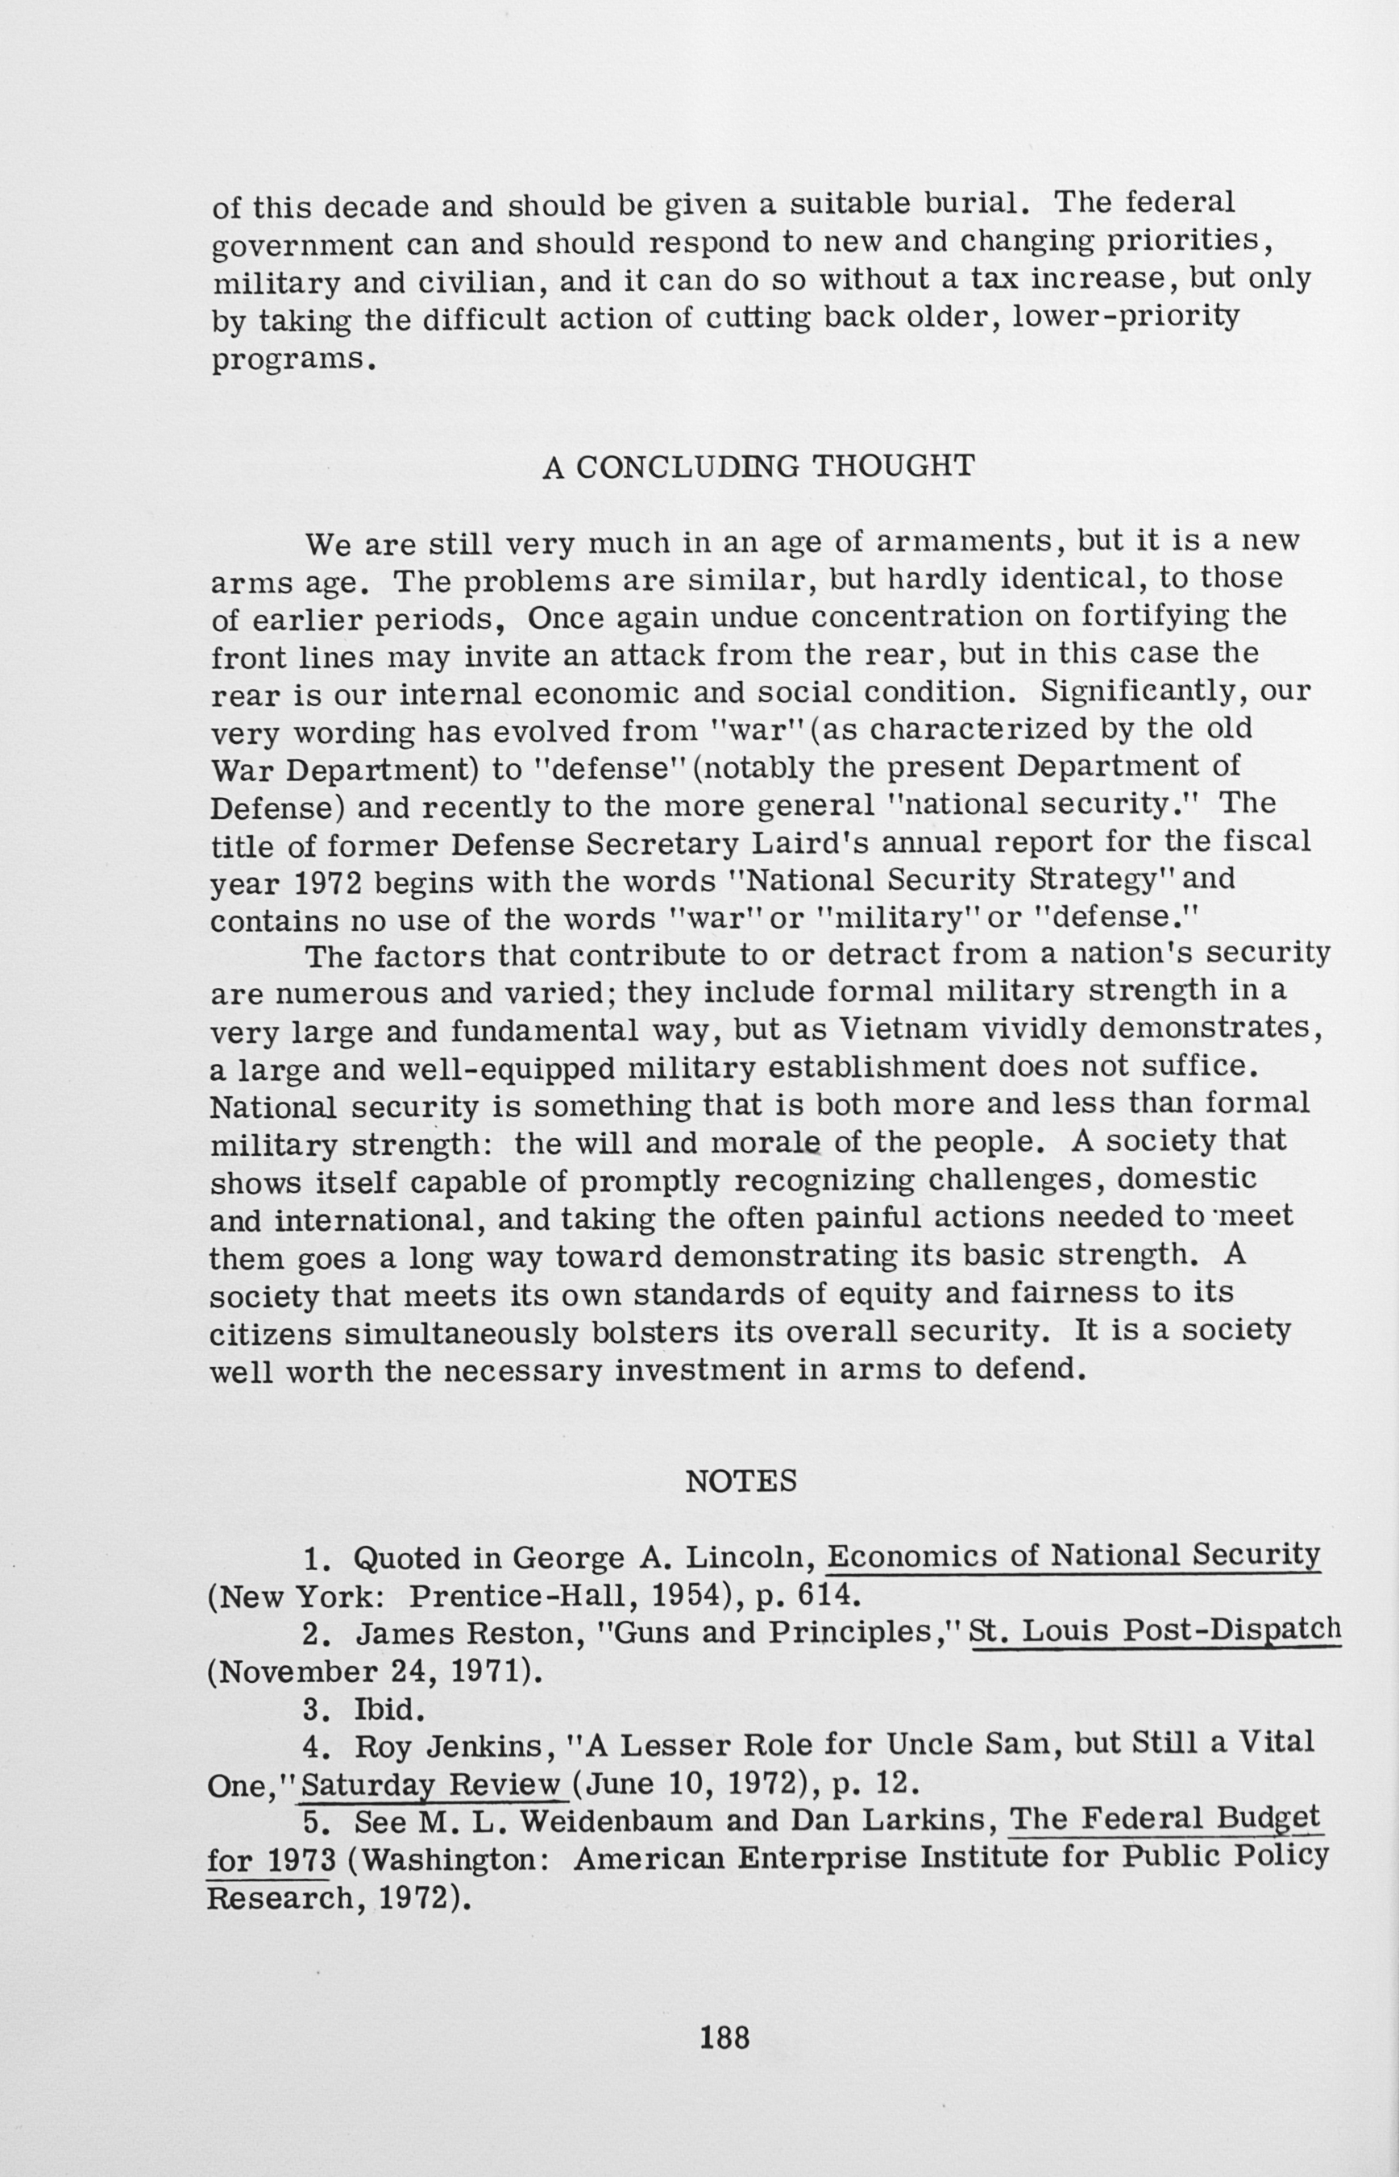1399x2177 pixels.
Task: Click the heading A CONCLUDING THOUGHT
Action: pos(758,467)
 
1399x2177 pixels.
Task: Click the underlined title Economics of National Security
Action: pos(1073,1556)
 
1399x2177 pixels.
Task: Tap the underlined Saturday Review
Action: pos(434,1785)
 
